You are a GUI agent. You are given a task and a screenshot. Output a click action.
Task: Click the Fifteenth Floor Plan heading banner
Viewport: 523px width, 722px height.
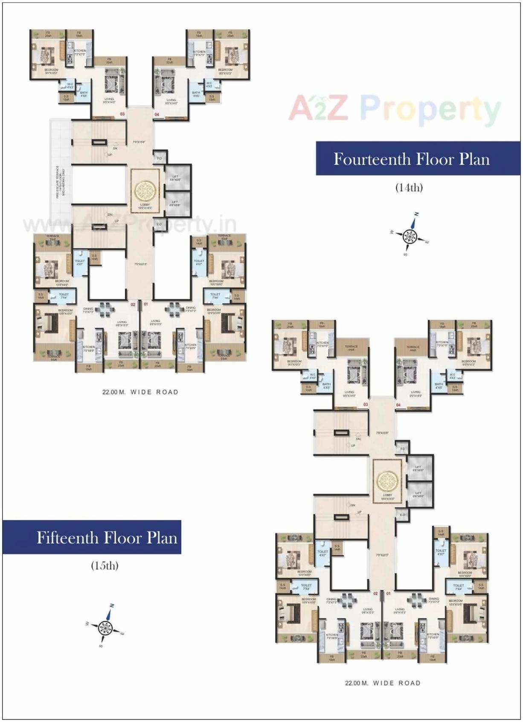click(92, 537)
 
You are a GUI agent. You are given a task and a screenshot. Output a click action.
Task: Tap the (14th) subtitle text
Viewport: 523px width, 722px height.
click(409, 187)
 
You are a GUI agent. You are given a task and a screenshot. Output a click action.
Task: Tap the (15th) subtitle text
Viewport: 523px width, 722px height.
click(105, 565)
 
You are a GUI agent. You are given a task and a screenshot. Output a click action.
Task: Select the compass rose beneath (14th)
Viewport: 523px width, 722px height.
click(409, 235)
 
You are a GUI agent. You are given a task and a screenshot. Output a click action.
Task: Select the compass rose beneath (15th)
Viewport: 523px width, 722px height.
click(105, 627)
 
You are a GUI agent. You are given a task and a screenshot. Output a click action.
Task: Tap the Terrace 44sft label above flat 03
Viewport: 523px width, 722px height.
click(351, 348)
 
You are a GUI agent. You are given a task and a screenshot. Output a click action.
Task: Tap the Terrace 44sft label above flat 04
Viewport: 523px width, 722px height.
click(413, 348)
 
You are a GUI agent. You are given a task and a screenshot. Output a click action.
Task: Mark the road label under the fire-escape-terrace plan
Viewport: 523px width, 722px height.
click(140, 392)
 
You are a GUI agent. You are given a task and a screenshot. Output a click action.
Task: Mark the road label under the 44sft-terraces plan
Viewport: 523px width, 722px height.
click(383, 683)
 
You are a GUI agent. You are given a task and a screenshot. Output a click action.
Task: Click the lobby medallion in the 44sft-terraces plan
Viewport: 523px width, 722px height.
click(387, 481)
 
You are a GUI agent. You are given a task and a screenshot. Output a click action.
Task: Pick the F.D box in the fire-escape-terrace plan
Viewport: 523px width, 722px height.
click(160, 158)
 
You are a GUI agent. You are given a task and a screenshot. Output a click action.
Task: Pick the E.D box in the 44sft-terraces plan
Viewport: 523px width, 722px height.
click(402, 515)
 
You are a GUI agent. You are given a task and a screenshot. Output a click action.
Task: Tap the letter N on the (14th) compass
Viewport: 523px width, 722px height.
click(416, 214)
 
